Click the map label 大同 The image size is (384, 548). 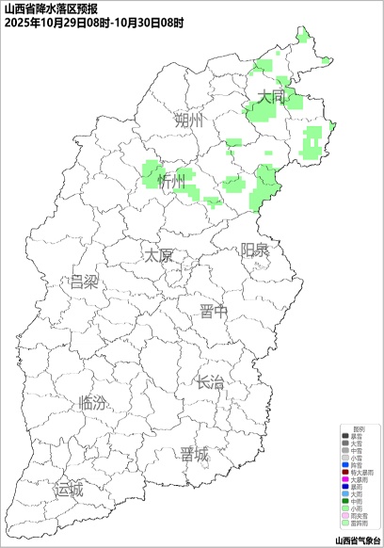(x=271, y=96)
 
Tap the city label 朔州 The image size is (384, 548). (x=188, y=121)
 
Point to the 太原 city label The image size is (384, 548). (x=158, y=255)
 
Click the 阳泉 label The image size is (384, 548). (x=254, y=250)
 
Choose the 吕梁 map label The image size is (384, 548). (x=84, y=282)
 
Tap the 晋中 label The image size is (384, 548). (x=215, y=312)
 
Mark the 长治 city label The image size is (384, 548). (x=209, y=382)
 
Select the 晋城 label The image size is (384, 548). (x=195, y=455)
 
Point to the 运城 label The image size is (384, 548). (x=69, y=490)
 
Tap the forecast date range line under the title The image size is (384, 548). (x=94, y=21)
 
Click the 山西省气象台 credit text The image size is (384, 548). (x=358, y=540)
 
